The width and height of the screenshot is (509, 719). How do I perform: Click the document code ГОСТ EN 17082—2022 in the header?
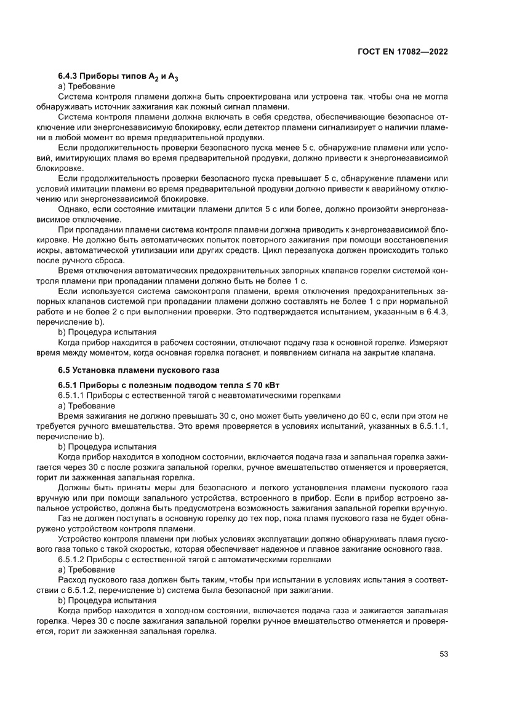click(402, 52)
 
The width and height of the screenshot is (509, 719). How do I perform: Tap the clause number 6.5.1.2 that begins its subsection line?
click(73, 560)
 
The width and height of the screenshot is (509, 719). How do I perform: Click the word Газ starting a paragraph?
click(65, 519)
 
